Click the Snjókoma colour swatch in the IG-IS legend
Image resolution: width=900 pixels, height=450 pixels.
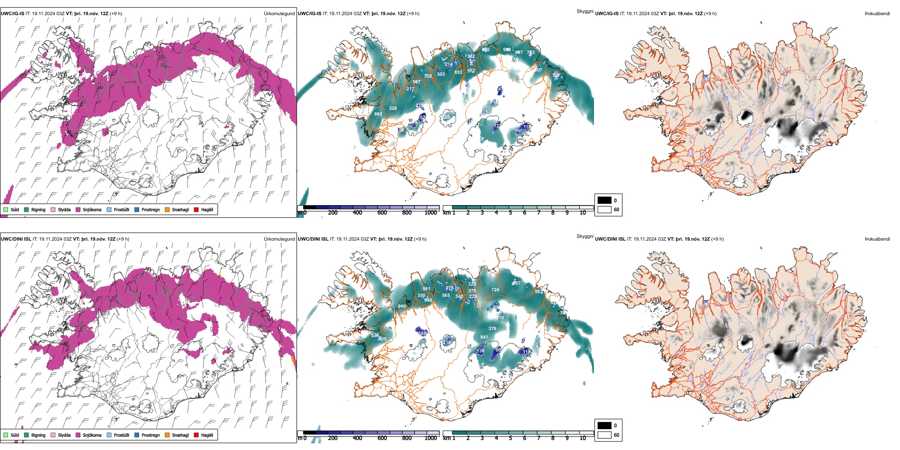pyautogui.click(x=78, y=209)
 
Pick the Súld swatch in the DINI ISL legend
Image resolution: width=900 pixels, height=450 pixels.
pyautogui.click(x=6, y=435)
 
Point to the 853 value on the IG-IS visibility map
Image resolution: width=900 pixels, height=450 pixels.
pyautogui.click(x=458, y=72)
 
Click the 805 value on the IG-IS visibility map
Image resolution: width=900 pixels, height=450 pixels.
pyautogui.click(x=378, y=114)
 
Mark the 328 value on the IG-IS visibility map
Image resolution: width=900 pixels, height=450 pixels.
pyautogui.click(x=393, y=108)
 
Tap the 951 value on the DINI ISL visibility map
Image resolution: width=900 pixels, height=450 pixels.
pyautogui.click(x=426, y=289)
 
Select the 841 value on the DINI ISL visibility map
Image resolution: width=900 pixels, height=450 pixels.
pyautogui.click(x=484, y=337)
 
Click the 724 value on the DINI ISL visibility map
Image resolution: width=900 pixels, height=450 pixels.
pyautogui.click(x=495, y=290)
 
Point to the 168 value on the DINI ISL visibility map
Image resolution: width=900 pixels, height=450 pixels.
pyautogui.click(x=423, y=333)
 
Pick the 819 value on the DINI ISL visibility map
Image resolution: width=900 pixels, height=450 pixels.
pyautogui.click(x=402, y=306)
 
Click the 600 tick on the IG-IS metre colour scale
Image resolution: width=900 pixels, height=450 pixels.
pyautogui.click(x=382, y=213)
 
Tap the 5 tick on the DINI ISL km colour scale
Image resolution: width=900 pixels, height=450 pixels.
pyautogui.click(x=511, y=438)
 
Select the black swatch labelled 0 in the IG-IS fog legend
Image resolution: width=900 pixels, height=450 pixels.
pyautogui.click(x=604, y=200)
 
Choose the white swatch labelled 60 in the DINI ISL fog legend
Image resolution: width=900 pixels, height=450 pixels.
pyautogui.click(x=604, y=435)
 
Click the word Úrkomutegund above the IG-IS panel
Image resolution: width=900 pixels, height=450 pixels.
pyautogui.click(x=279, y=14)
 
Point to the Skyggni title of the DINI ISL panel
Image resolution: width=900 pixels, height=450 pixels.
pyautogui.click(x=585, y=236)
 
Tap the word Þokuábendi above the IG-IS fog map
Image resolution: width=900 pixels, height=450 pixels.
pyautogui.click(x=877, y=14)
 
